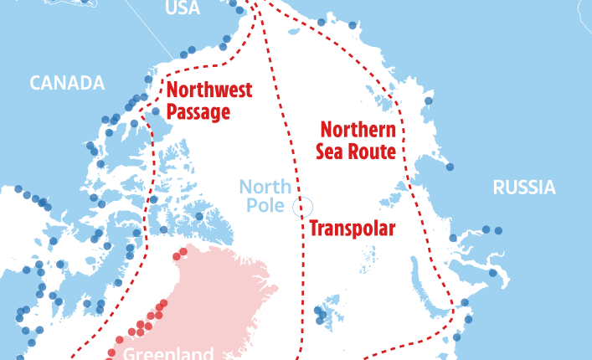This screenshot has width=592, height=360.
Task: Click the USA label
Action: coord(183,8)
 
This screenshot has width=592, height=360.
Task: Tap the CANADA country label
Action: coord(67,83)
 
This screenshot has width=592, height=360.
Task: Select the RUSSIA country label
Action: coord(523,187)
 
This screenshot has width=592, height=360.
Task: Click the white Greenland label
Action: coord(168,353)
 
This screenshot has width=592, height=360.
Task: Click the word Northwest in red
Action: coord(209,91)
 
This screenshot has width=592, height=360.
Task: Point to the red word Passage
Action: coord(198,112)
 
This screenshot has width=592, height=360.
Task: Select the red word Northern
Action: coord(358,131)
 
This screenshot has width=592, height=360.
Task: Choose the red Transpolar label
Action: coord(352,229)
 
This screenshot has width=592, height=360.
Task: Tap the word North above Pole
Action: coord(265,186)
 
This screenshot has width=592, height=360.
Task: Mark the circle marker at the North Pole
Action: coord(303,206)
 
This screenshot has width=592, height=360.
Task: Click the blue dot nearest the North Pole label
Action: coord(199,216)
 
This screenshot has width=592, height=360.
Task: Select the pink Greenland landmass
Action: coord(209,285)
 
